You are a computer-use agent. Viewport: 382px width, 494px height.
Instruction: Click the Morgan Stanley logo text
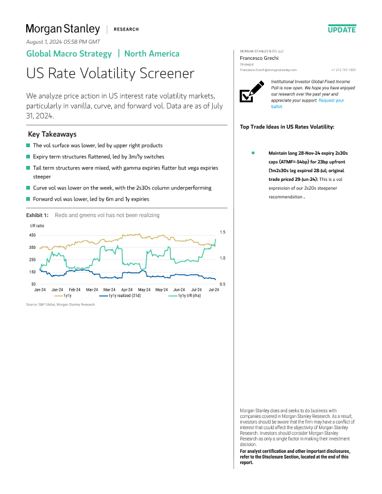pyautogui.click(x=62, y=29)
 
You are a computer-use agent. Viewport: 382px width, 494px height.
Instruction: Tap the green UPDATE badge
pyautogui.click(x=341, y=29)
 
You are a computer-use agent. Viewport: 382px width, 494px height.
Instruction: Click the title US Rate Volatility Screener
pyautogui.click(x=110, y=74)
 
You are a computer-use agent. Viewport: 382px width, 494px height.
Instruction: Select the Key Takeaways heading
pyautogui.click(x=52, y=134)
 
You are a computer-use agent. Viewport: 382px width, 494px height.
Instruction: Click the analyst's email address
pyautogui.click(x=268, y=70)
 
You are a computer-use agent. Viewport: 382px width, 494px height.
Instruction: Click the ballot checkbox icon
pyautogui.click(x=250, y=93)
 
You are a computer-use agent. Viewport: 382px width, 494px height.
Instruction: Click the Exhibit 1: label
pyautogui.click(x=37, y=215)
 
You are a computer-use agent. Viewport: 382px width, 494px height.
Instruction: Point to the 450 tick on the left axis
pyautogui.click(x=32, y=235)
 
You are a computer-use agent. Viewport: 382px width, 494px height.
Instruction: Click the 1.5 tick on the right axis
pyautogui.click(x=222, y=232)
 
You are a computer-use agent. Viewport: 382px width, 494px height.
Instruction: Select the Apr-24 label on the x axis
pyautogui.click(x=127, y=290)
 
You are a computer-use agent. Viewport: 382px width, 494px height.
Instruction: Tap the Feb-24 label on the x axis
pyautogui.click(x=74, y=290)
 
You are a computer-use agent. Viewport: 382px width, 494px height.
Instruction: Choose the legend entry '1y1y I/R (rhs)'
pyautogui.click(x=192, y=296)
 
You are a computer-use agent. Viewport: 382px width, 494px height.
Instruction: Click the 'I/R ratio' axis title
pyautogui.click(x=37, y=225)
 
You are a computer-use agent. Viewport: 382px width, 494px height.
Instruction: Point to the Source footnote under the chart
pyautogui.click(x=61, y=304)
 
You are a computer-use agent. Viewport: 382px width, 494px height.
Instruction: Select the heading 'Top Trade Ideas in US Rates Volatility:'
pyautogui.click(x=287, y=127)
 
